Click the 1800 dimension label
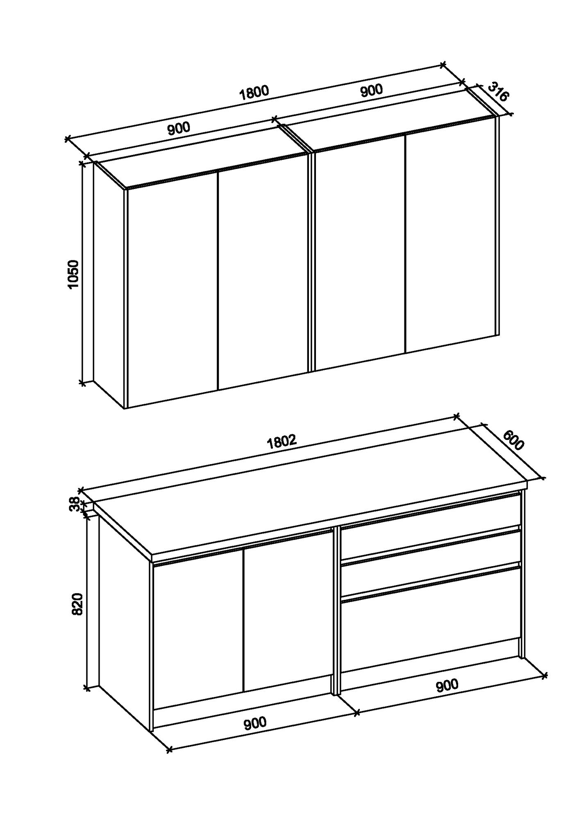254,93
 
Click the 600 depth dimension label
513,440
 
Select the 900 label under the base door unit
255,723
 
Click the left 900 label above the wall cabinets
179,129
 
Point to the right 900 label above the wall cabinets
371,91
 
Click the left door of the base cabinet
199,627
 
